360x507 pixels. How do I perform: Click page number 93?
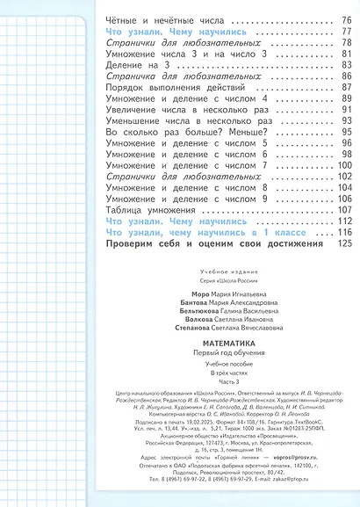(345, 125)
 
